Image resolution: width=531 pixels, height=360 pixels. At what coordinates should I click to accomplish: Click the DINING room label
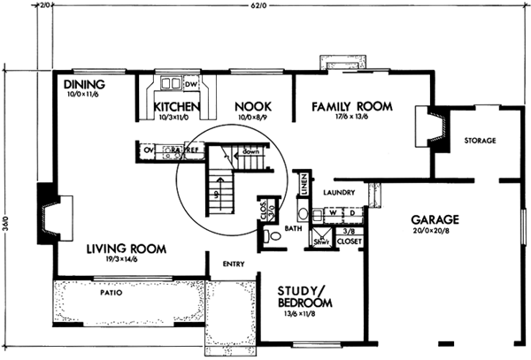click(86, 84)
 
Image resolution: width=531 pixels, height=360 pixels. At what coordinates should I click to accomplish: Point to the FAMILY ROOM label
click(351, 107)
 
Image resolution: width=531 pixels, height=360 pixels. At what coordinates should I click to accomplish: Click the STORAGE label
click(479, 141)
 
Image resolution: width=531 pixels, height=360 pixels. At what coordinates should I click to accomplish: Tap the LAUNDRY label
click(339, 192)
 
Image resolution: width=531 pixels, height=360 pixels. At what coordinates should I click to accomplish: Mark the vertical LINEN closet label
click(303, 184)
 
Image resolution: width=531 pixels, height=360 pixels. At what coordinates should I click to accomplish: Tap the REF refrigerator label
click(190, 151)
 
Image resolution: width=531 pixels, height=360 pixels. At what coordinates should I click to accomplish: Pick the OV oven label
click(148, 151)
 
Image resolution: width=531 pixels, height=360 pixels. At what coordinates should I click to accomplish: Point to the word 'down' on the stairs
click(251, 152)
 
